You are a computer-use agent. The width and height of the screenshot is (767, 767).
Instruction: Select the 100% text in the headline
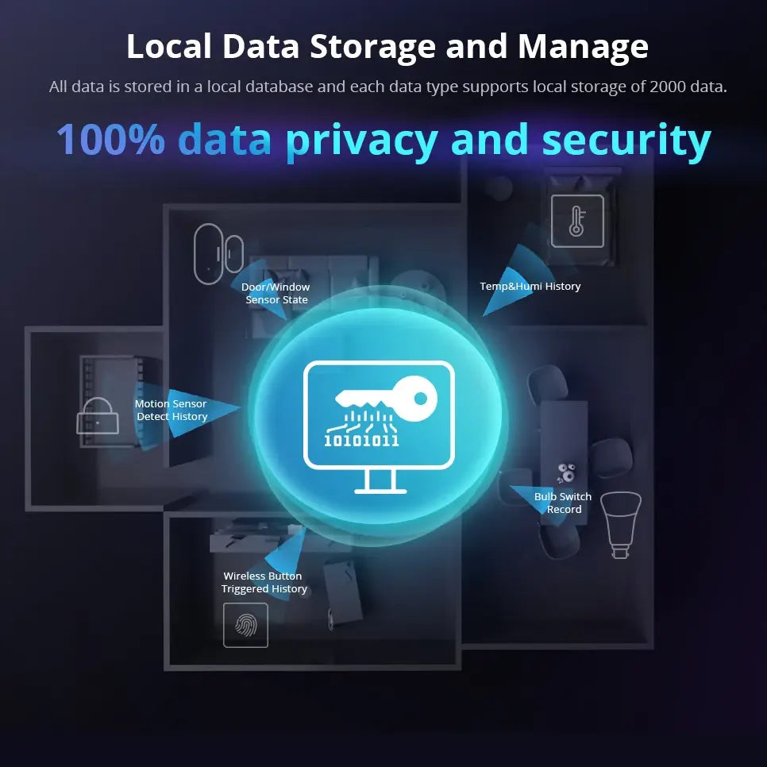pyautogui.click(x=110, y=140)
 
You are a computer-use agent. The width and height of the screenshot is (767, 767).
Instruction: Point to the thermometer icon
pyautogui.click(x=577, y=222)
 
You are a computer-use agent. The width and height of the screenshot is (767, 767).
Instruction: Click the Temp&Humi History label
pyautogui.click(x=530, y=287)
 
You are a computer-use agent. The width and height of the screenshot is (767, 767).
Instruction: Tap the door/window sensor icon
pyautogui.click(x=217, y=254)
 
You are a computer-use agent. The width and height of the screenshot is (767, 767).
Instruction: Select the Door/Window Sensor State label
pyautogui.click(x=276, y=294)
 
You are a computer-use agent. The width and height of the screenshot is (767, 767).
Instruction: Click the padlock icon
pyautogui.click(x=98, y=415)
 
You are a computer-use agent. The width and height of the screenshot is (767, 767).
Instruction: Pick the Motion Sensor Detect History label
pyautogui.click(x=171, y=410)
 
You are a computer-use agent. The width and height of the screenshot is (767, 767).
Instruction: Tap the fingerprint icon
pyautogui.click(x=245, y=625)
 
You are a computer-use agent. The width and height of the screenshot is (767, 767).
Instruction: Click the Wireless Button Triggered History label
pyautogui.click(x=264, y=583)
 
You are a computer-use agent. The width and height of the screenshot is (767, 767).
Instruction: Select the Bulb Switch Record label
pyautogui.click(x=563, y=503)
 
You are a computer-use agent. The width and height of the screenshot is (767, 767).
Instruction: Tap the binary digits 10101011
pyautogui.click(x=361, y=440)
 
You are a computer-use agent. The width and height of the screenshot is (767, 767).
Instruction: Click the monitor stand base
pyautogui.click(x=380, y=490)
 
